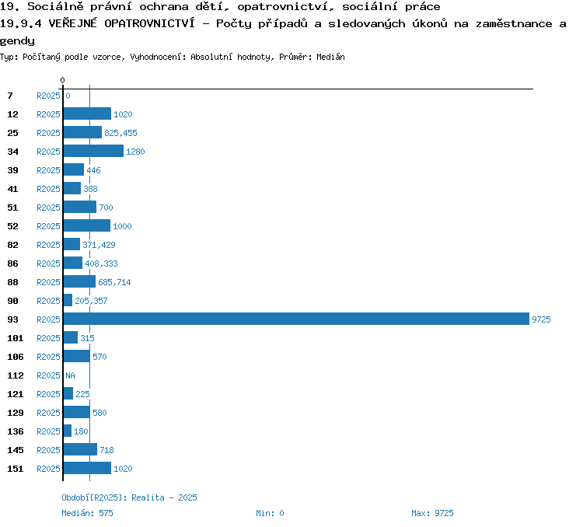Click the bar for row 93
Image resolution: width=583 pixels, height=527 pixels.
[296, 319]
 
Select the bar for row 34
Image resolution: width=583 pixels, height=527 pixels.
[93, 151]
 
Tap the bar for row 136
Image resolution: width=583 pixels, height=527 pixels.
[68, 431]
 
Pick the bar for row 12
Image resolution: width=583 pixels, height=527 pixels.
[87, 113]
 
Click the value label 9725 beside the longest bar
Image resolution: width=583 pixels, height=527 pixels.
[541, 319]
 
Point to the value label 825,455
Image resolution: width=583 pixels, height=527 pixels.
[120, 133]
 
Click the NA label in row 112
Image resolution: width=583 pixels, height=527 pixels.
[70, 375]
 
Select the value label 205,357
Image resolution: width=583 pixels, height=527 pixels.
[91, 301]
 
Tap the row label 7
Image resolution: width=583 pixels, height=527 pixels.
[10, 96]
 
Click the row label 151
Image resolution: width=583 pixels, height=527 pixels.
[16, 469]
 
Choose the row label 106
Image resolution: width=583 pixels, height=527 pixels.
[16, 357]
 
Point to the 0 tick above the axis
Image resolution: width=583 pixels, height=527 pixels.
[62, 80]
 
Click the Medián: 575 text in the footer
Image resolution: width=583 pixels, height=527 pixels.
[87, 513]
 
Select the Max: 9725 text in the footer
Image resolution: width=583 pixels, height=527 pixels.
[432, 513]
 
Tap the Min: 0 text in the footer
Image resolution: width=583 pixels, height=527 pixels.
[270, 513]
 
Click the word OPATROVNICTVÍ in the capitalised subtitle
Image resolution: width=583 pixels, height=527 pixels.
[149, 23]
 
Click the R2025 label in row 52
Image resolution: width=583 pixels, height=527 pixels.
[48, 226]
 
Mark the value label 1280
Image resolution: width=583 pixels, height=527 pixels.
[135, 152]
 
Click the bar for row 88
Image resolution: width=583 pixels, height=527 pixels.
[79, 281]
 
